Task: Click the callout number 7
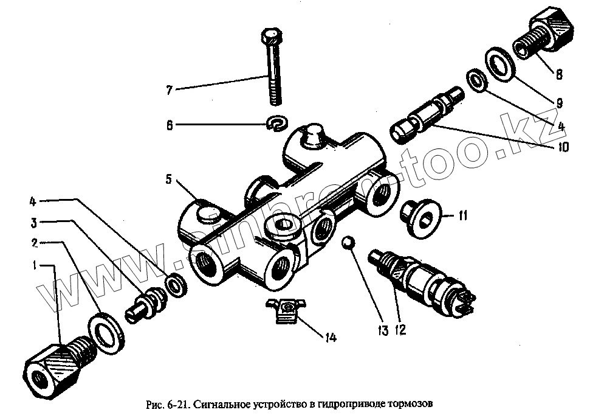tap(170, 90)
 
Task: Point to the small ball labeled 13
tap(348, 242)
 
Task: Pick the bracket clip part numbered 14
tap(284, 310)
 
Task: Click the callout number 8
tap(558, 75)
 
